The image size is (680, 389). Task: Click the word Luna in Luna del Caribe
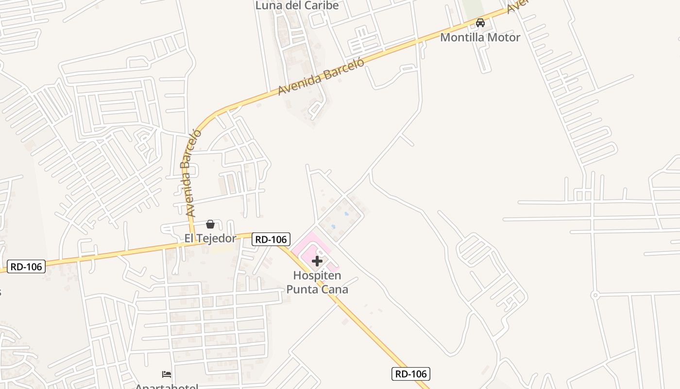click(268, 5)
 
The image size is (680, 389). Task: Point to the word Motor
click(503, 37)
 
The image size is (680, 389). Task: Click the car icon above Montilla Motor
click(480, 22)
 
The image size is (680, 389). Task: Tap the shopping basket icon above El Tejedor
click(210, 224)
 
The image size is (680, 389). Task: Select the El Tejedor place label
click(210, 238)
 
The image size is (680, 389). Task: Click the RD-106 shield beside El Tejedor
click(271, 239)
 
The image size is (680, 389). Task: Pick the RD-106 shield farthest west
click(26, 266)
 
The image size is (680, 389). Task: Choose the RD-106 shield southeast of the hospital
click(410, 374)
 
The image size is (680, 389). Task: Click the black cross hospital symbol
click(317, 261)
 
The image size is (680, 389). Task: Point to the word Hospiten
click(317, 276)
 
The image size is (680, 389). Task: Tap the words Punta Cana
click(317, 289)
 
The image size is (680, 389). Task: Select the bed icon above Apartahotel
click(167, 374)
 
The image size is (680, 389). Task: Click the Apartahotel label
click(167, 387)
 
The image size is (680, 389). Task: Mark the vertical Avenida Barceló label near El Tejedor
click(191, 173)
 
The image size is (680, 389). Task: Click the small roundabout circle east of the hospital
click(595, 295)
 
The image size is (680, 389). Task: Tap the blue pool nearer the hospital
click(333, 226)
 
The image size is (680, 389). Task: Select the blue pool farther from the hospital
click(346, 213)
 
